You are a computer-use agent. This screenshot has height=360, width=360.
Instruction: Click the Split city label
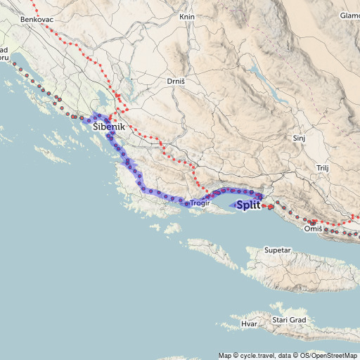coord(248,206)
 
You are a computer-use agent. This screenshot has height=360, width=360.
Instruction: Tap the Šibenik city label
coord(108,127)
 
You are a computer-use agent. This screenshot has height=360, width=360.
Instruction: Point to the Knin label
coord(186,16)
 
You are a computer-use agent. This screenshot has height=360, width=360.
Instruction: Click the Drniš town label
coord(175,82)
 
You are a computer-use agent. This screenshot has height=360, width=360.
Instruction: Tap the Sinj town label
coord(299,138)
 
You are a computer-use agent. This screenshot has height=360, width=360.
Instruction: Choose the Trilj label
coord(323,169)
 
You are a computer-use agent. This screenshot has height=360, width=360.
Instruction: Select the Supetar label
coord(277,250)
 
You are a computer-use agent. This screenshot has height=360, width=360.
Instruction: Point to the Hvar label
coord(249,324)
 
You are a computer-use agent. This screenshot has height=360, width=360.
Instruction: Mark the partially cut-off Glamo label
coord(349,15)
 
